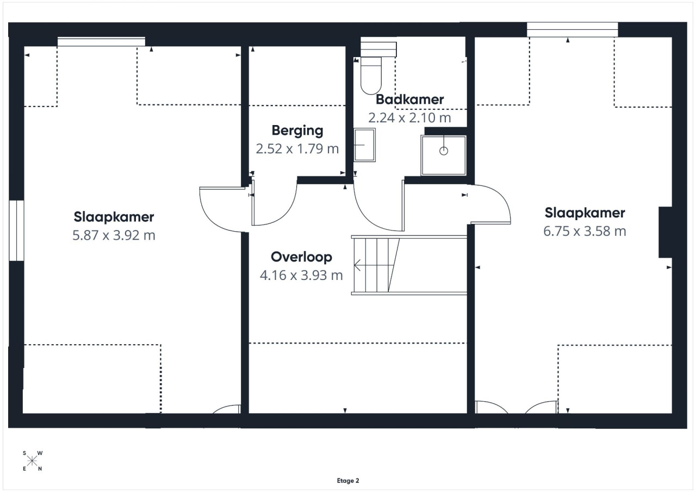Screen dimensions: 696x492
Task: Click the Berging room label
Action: tap(297, 130)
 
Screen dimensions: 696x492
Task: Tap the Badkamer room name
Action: tap(409, 99)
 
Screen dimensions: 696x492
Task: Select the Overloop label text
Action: tap(301, 257)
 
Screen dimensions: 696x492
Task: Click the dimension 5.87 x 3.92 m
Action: tap(114, 235)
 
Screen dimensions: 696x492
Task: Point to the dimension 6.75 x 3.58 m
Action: tap(585, 231)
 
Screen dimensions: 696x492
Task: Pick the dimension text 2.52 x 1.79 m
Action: tap(297, 149)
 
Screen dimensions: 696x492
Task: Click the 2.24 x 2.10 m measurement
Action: tap(409, 118)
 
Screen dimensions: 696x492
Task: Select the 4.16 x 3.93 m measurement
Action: tap(301, 275)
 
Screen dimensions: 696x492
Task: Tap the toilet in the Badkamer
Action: tap(371, 75)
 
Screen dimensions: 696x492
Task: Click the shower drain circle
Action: tap(444, 151)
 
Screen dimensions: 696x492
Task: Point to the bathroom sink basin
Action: tap(364, 145)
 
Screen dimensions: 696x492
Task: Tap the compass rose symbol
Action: tap(32, 461)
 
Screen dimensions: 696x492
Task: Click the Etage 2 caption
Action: tap(348, 481)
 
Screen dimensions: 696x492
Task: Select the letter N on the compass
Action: tap(40, 469)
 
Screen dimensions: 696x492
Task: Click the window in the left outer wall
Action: tap(16, 231)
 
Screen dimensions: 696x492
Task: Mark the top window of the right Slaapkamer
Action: tap(573, 30)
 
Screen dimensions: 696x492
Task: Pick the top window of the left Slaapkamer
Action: tap(101, 42)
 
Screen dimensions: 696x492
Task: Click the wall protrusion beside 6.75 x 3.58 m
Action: tap(665, 232)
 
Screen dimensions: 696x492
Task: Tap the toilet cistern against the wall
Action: tap(378, 49)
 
